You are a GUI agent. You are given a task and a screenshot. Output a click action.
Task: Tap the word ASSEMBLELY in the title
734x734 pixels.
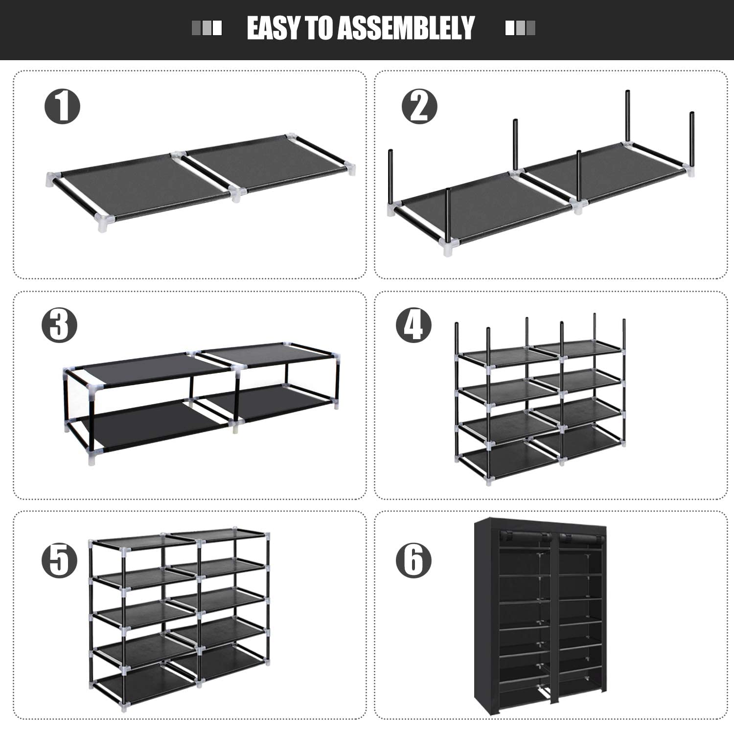coord(406,28)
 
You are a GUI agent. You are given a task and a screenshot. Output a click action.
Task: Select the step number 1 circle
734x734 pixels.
coord(62,106)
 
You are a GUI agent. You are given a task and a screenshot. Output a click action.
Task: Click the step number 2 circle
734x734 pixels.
coord(419,106)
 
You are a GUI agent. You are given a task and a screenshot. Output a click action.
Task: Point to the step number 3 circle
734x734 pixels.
coord(59,325)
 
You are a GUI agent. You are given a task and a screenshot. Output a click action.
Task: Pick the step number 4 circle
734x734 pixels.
coord(414,325)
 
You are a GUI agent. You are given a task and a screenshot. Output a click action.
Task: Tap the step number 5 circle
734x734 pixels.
coord(59,560)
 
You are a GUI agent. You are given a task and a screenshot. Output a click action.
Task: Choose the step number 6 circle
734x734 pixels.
coord(414,560)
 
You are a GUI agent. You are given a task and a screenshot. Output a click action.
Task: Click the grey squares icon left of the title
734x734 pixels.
coord(206,28)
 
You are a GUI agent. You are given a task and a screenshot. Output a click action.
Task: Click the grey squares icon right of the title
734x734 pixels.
coord(520,28)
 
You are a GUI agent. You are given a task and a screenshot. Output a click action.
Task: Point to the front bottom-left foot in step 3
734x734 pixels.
coord(92,459)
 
